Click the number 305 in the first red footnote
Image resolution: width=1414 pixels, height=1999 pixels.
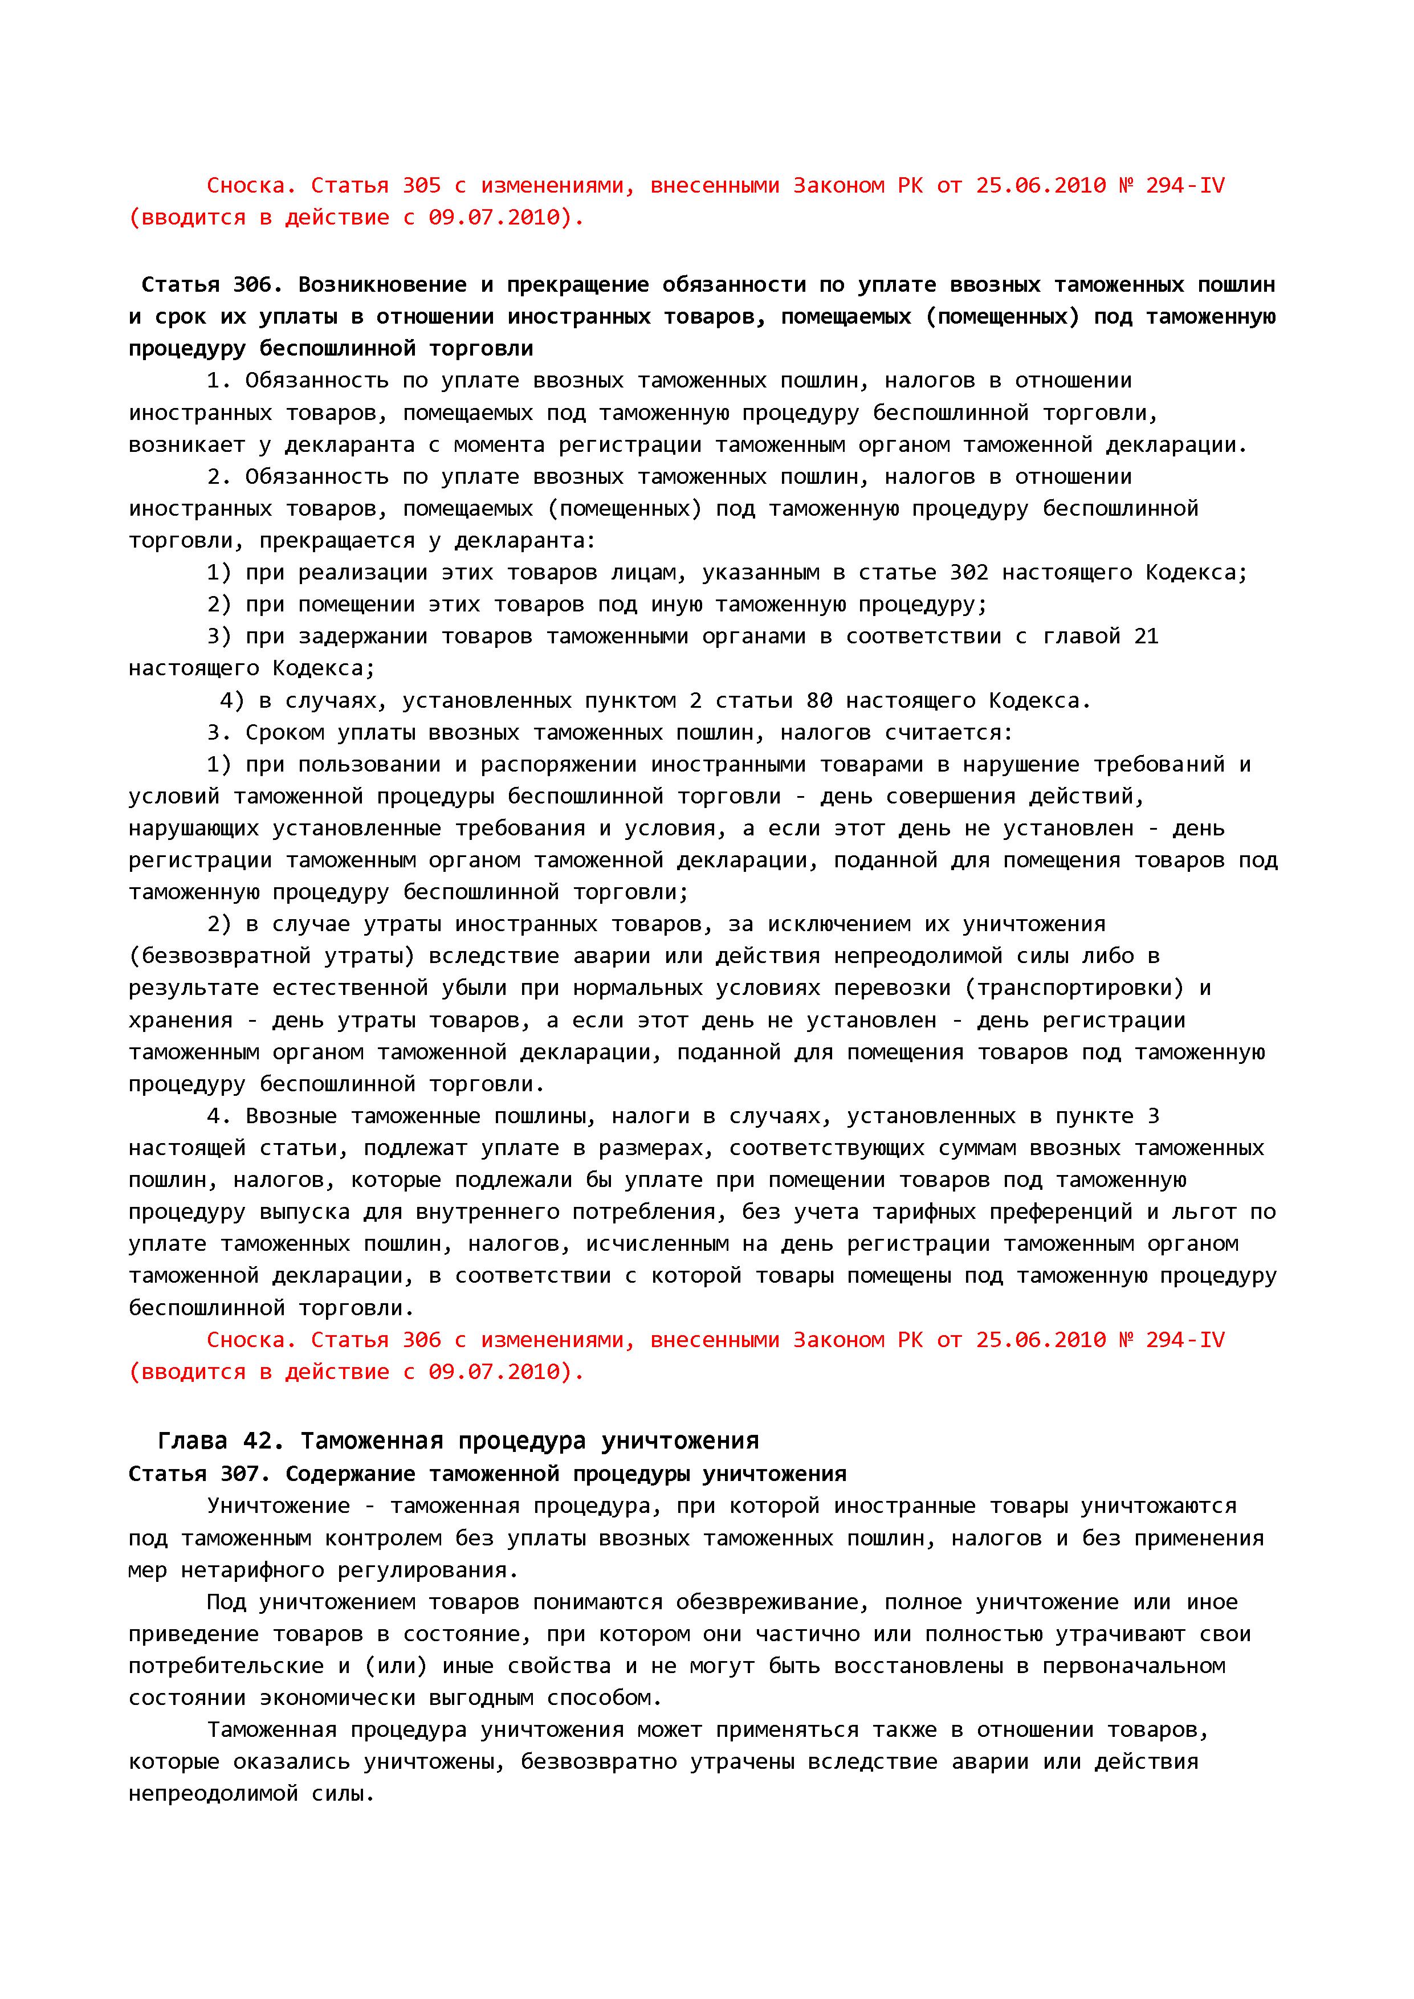[421, 185]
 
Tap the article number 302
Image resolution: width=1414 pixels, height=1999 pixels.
[969, 573]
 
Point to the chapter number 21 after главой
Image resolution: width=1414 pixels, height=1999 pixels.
[1146, 637]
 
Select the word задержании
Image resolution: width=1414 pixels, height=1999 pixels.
[363, 637]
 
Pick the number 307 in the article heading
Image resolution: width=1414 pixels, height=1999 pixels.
[252, 1474]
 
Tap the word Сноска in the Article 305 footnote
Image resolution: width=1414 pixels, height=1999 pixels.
[246, 185]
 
